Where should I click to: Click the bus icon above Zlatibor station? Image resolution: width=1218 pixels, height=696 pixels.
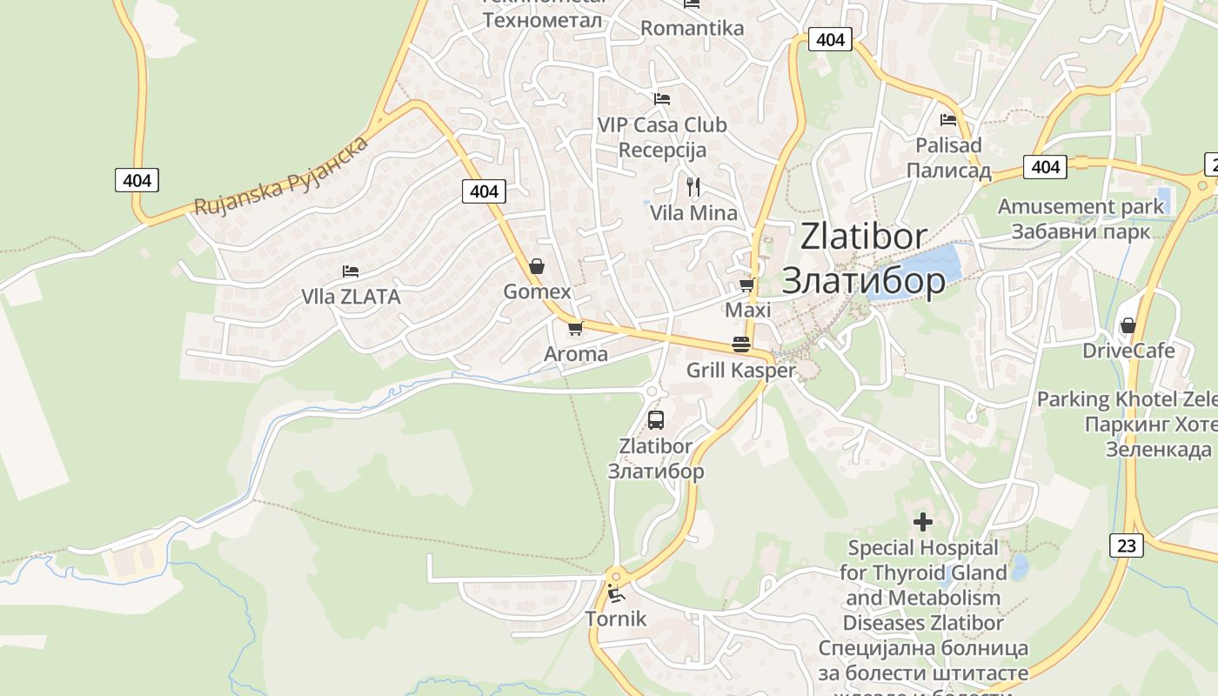(656, 420)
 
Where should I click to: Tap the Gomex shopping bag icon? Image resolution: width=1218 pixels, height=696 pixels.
(537, 266)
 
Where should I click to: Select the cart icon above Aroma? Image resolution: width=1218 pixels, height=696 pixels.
(574, 329)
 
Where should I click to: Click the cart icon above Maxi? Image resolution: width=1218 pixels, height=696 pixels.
(746, 285)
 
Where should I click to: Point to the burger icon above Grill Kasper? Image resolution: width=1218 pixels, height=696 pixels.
(741, 345)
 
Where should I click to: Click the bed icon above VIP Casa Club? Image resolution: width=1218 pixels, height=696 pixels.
(662, 99)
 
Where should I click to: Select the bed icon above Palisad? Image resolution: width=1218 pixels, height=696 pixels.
(948, 120)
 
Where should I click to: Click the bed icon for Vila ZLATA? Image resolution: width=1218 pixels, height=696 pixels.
(351, 271)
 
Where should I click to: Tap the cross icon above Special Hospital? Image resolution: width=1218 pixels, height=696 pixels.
(923, 522)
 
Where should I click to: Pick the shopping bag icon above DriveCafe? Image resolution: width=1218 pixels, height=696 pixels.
(1128, 325)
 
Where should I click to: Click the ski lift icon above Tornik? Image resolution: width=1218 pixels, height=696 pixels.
(616, 595)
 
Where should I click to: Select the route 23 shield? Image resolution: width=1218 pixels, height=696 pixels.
(1127, 545)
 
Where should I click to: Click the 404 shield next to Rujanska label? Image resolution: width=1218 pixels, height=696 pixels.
(137, 180)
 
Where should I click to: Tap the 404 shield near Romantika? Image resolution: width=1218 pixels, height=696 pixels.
(830, 39)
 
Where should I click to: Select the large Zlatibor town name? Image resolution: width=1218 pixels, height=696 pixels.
(864, 258)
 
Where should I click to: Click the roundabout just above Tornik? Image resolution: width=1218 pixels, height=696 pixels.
(616, 575)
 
